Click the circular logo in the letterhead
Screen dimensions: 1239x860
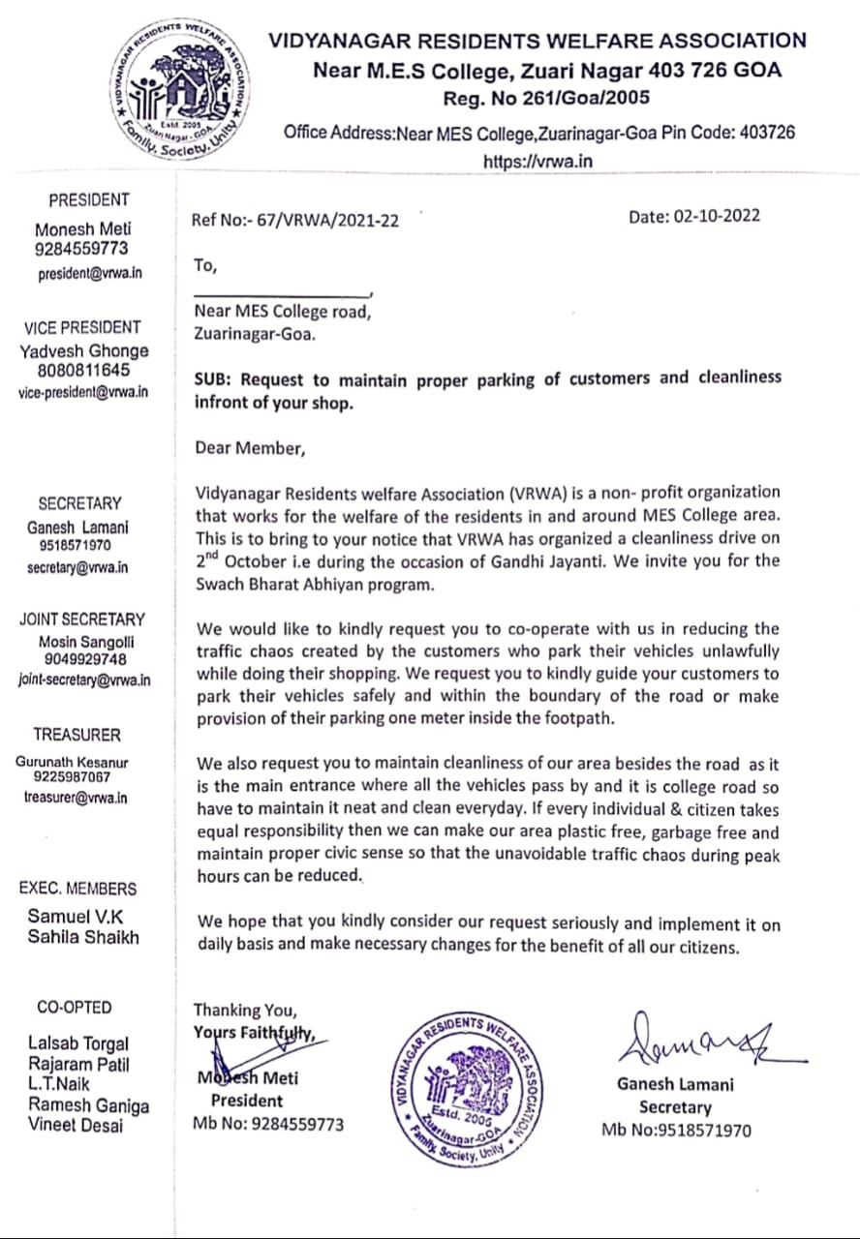(x=180, y=91)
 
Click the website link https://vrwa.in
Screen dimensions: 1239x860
(x=537, y=162)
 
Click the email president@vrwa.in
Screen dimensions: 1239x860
(x=89, y=274)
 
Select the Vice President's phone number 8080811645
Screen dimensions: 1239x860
(x=84, y=372)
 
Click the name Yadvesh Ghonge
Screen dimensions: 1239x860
(x=84, y=351)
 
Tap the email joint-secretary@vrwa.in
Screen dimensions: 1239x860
(x=84, y=680)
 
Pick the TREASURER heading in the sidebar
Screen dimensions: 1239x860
(x=77, y=735)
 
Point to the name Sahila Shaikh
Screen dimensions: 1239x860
(x=83, y=937)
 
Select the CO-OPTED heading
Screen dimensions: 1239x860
(x=75, y=1007)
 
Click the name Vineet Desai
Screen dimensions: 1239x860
(x=76, y=1125)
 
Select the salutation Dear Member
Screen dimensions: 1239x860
(x=250, y=447)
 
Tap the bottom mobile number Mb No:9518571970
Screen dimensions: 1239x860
(x=675, y=1130)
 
